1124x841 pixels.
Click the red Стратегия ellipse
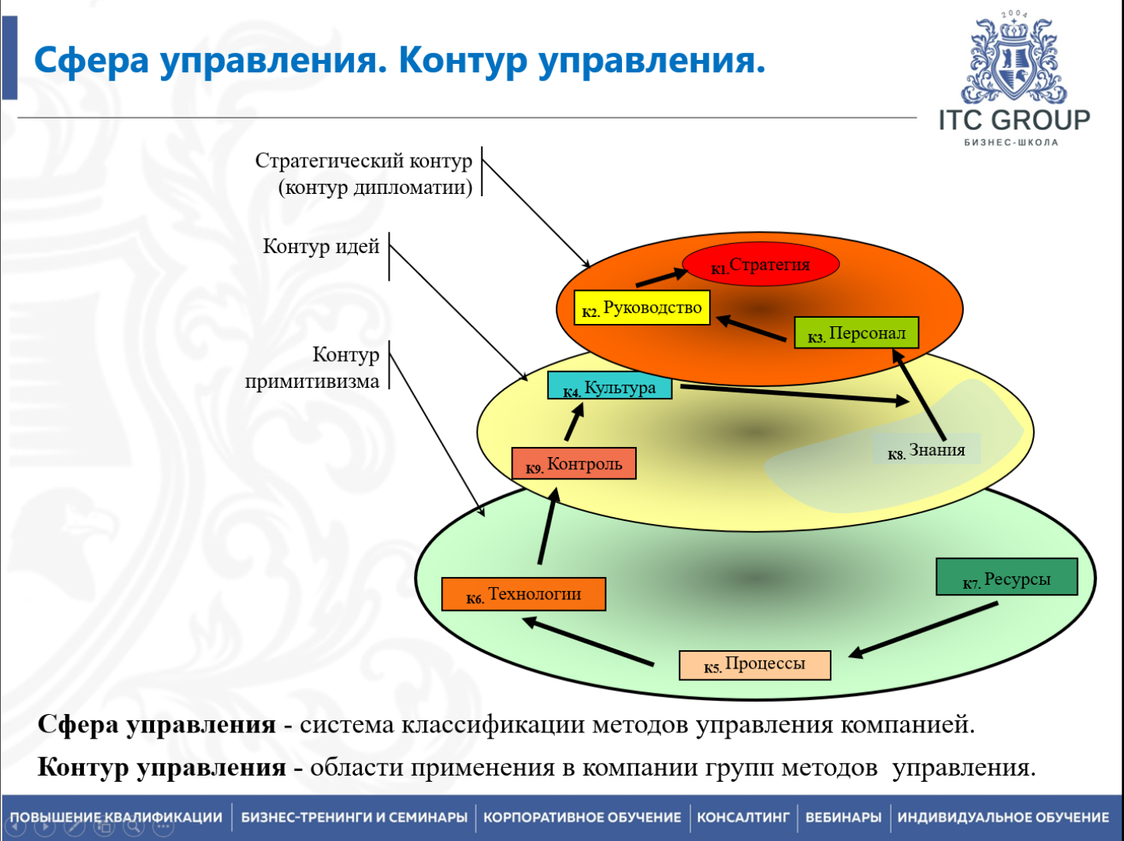click(x=761, y=265)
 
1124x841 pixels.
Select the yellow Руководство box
click(x=642, y=308)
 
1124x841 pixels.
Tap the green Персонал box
click(x=856, y=333)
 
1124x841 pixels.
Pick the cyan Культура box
click(x=610, y=386)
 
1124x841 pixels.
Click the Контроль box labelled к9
click(x=574, y=464)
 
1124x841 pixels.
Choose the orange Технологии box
click(x=524, y=594)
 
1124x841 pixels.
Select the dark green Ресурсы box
click(x=1006, y=578)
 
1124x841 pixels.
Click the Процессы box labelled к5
click(x=754, y=665)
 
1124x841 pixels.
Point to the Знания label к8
click(x=926, y=450)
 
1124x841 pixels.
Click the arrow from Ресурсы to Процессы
click(x=924, y=629)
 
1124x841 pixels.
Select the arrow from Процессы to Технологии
click(x=589, y=642)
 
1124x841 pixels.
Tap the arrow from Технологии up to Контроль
click(x=547, y=527)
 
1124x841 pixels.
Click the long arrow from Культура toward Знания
click(x=793, y=394)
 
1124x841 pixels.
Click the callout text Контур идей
click(x=321, y=246)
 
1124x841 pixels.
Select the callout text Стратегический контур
click(x=363, y=161)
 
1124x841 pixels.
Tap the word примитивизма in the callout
click(x=312, y=382)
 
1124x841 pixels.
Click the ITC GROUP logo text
click(x=1014, y=121)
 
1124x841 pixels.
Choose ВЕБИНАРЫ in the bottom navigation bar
click(x=843, y=817)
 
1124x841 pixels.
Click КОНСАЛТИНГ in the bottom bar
click(x=743, y=817)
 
